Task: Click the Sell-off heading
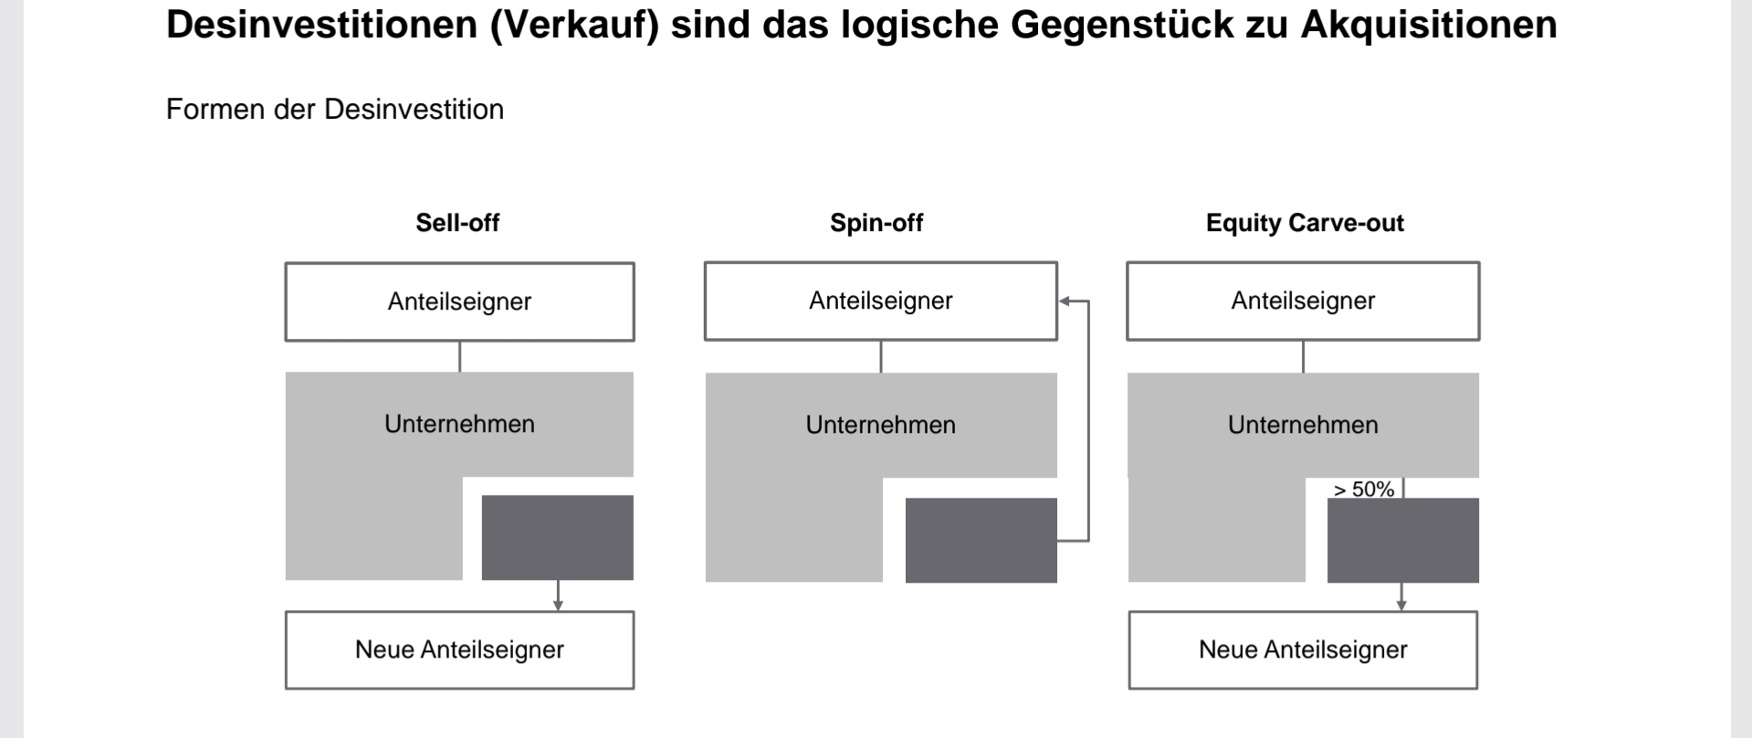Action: click(x=457, y=223)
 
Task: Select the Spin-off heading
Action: click(x=876, y=223)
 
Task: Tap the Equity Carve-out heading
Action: click(x=1305, y=223)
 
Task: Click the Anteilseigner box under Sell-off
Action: click(x=459, y=302)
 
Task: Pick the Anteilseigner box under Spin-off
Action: click(x=881, y=301)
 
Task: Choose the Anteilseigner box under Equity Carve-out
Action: click(x=1303, y=301)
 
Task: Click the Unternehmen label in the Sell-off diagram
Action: click(x=459, y=424)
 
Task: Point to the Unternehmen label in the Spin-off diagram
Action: click(x=881, y=425)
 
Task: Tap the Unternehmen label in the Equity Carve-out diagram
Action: click(x=1303, y=425)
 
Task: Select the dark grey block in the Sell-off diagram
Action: click(x=557, y=537)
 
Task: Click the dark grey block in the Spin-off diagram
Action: click(x=981, y=540)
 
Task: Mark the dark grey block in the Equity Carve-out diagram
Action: click(x=1403, y=540)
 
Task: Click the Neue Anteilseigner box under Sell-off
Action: click(x=459, y=650)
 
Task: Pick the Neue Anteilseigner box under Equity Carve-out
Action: click(x=1303, y=650)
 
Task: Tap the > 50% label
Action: click(x=1364, y=490)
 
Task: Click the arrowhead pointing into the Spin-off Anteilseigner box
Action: click(x=1065, y=301)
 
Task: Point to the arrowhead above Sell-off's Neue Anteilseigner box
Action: click(x=558, y=606)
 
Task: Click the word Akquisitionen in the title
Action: click(x=1429, y=25)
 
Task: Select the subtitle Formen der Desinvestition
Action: click(x=335, y=110)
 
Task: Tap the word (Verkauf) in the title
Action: click(x=574, y=25)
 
